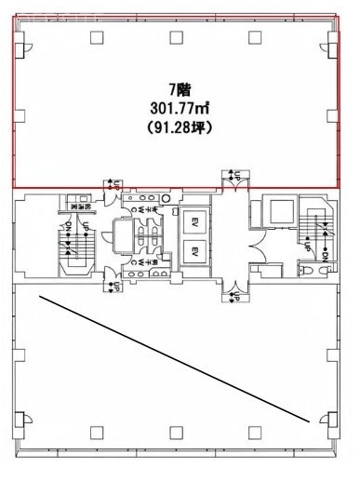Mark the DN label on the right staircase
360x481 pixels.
[325, 251]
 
